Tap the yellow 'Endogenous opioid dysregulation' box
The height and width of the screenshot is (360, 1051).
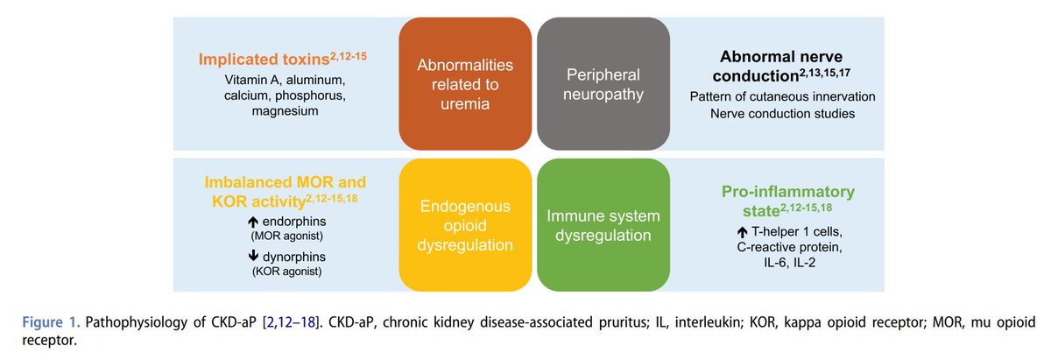[x=465, y=224]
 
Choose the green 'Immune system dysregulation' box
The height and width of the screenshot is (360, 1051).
[x=602, y=224]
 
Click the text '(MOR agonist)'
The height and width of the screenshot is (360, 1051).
[x=284, y=236]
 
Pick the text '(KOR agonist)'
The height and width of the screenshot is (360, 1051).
[x=284, y=272]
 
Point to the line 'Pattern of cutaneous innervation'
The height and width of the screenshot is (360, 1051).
[x=782, y=95]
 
